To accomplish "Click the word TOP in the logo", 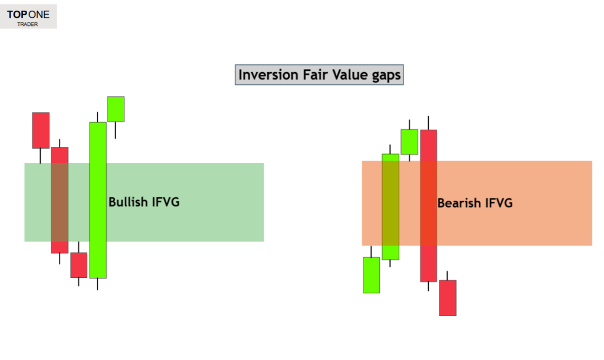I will pyautogui.click(x=17, y=15).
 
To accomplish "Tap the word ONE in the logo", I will pyautogui.click(x=39, y=15).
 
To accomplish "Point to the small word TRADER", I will pyautogui.click(x=28, y=25).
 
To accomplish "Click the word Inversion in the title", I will pyautogui.click(x=266, y=76).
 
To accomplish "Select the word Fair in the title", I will pyautogui.click(x=311, y=76).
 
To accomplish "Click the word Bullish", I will pyautogui.click(x=127, y=202).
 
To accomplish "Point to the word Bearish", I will pyautogui.click(x=459, y=204).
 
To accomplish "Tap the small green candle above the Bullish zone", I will pyautogui.click(x=116, y=109).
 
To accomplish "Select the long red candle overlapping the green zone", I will pyautogui.click(x=60, y=199).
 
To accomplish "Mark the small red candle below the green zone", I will pyautogui.click(x=78, y=265).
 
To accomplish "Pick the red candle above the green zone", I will pyautogui.click(x=41, y=130).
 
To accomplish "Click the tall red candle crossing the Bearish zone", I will pyautogui.click(x=428, y=205).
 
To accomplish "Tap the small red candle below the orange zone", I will pyautogui.click(x=448, y=297).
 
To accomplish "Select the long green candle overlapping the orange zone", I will pyautogui.click(x=390, y=207).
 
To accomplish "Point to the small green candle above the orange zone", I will pyautogui.click(x=409, y=142).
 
